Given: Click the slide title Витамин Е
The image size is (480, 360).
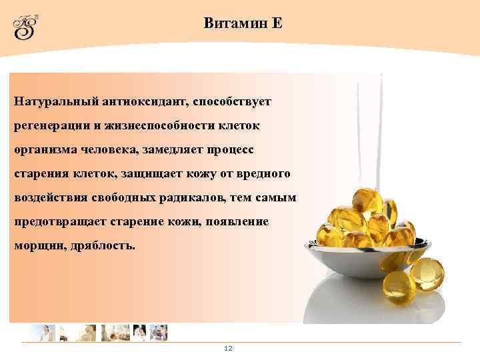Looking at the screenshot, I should (243, 23).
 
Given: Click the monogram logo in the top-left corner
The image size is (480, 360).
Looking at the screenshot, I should (26, 27).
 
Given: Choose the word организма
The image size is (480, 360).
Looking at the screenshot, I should (41, 150).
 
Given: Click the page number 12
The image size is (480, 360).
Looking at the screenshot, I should (228, 349).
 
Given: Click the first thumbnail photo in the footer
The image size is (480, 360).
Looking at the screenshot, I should (41, 332).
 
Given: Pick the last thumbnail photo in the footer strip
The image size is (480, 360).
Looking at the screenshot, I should (159, 332).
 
